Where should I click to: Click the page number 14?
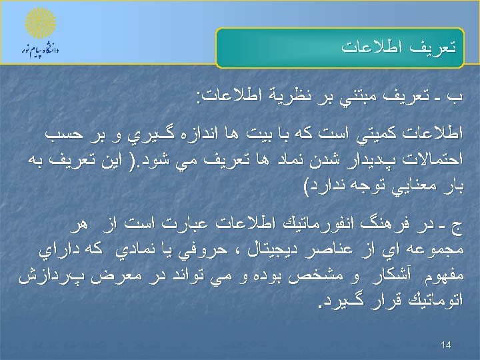pyautogui.click(x=446, y=345)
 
